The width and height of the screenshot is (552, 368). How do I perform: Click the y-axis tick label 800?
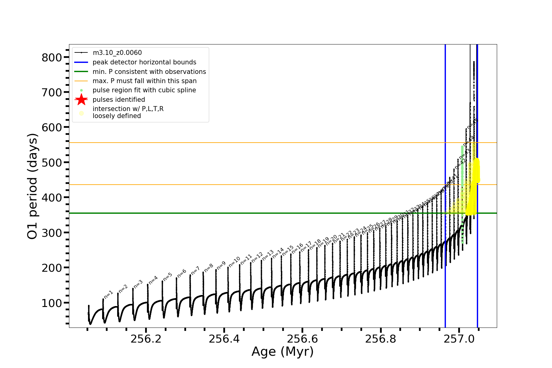tap(52, 58)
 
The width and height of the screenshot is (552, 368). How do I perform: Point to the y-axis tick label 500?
tap(52, 163)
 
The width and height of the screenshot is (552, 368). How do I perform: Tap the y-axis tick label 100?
tap(52, 303)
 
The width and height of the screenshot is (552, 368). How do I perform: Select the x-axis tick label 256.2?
tap(146, 339)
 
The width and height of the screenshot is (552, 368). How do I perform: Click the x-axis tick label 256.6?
tap(302, 339)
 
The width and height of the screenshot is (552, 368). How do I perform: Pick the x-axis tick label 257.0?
tap(459, 339)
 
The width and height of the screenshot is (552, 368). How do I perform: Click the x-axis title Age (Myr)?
tap(282, 352)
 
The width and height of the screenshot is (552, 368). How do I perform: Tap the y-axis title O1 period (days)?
tap(33, 186)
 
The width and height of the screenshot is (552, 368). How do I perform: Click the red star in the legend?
tap(81, 100)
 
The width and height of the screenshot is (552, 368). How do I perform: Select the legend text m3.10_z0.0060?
tap(117, 53)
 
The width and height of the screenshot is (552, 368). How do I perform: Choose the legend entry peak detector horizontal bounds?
tap(144, 62)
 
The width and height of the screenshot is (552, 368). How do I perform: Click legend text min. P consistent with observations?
tap(149, 72)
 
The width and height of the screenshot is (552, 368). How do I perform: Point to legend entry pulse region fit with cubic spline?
tap(144, 90)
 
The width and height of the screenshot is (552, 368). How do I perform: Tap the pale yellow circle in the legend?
tap(81, 113)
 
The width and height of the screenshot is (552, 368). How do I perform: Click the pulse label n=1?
tap(109, 294)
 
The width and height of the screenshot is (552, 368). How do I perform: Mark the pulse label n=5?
tap(167, 277)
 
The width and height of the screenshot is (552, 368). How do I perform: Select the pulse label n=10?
tap(234, 262)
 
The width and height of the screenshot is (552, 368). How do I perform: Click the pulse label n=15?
tap(288, 251)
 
